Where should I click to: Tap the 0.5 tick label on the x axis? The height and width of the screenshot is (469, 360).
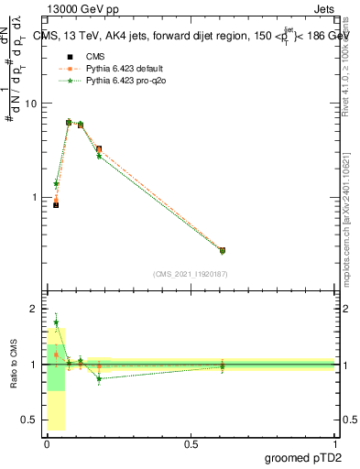[191, 443]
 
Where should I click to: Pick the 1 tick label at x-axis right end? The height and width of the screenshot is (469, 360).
[335, 443]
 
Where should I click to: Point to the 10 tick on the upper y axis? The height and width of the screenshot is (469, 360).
[30, 104]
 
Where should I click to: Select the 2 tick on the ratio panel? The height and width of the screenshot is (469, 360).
[34, 310]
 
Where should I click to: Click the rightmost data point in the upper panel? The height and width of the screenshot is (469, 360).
[222, 250]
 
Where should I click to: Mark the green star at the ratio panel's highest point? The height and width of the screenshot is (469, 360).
[56, 322]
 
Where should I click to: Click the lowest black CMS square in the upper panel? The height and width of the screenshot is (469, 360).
[56, 204]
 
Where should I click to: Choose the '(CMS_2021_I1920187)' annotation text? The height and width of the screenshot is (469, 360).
[190, 273]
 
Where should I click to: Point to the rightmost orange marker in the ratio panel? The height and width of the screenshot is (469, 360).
[222, 365]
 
